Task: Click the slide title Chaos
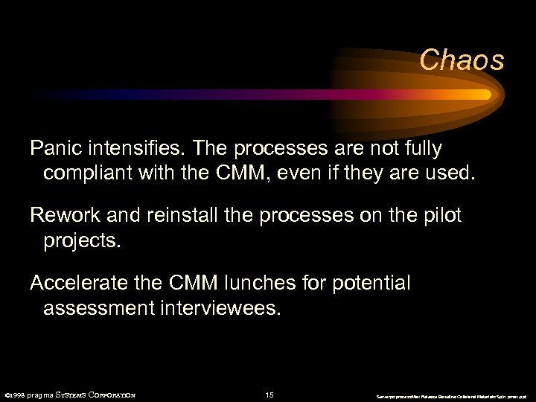[462, 60]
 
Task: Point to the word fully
[419, 149]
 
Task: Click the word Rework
[64, 216]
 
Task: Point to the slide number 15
[269, 395]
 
